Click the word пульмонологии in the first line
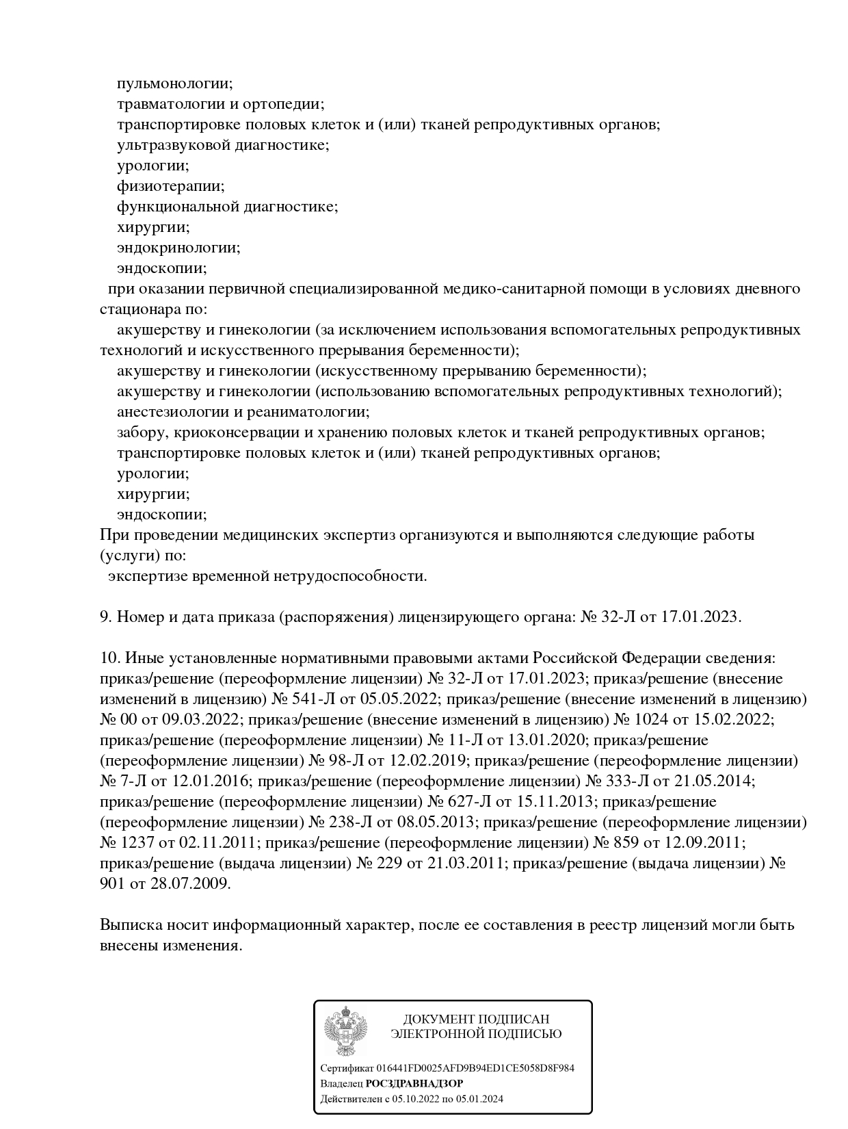(174, 83)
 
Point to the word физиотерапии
(170, 186)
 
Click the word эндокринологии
(178, 248)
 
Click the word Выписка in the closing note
(129, 925)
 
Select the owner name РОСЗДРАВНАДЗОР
(414, 1084)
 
